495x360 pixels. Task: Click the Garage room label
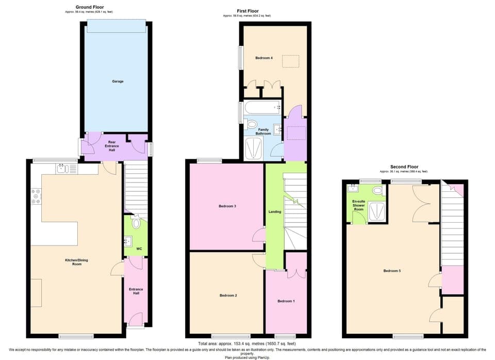click(x=118, y=81)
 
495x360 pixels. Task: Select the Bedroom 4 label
click(x=263, y=58)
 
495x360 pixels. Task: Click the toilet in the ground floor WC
click(x=136, y=223)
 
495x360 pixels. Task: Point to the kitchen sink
click(x=61, y=168)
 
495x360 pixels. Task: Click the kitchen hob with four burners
click(x=36, y=197)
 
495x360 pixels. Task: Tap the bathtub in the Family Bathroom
click(x=262, y=108)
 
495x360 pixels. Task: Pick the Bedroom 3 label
click(x=227, y=206)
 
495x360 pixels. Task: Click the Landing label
click(x=274, y=211)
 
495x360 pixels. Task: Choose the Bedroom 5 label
click(x=392, y=271)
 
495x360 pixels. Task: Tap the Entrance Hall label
click(x=136, y=291)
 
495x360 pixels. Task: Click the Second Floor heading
click(x=404, y=167)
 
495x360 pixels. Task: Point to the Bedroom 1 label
click(x=286, y=301)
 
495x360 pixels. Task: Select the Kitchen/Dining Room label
click(x=77, y=262)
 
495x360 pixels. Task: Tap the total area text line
click(x=247, y=343)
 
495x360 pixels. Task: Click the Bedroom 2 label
click(x=228, y=296)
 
